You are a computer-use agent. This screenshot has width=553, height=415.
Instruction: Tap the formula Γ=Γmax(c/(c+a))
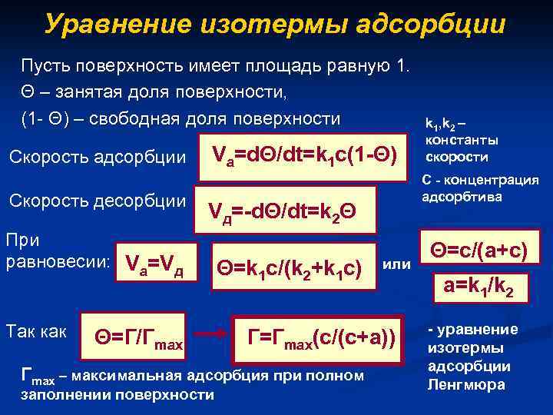coord(323,335)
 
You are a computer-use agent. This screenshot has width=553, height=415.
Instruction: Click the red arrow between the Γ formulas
coord(210,336)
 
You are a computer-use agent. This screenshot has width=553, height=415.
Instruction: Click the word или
coord(396,264)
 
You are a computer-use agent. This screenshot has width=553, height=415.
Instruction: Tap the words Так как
coord(38,331)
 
